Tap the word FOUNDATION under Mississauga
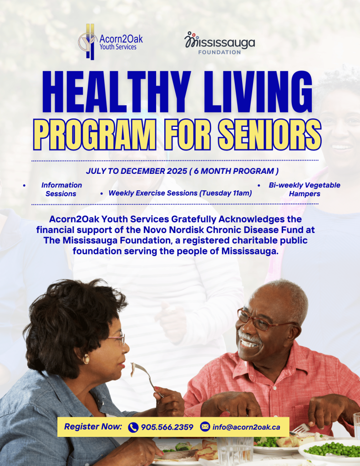pos(219,52)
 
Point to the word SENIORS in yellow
pos(270,135)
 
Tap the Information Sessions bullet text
pos(61,189)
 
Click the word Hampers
pos(305,194)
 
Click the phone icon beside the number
pos(133,427)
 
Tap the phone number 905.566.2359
pos(167,427)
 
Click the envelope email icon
pos(205,427)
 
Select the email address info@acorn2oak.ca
pos(246,427)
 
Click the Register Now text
pos(93,427)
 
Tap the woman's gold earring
pos(86,359)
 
